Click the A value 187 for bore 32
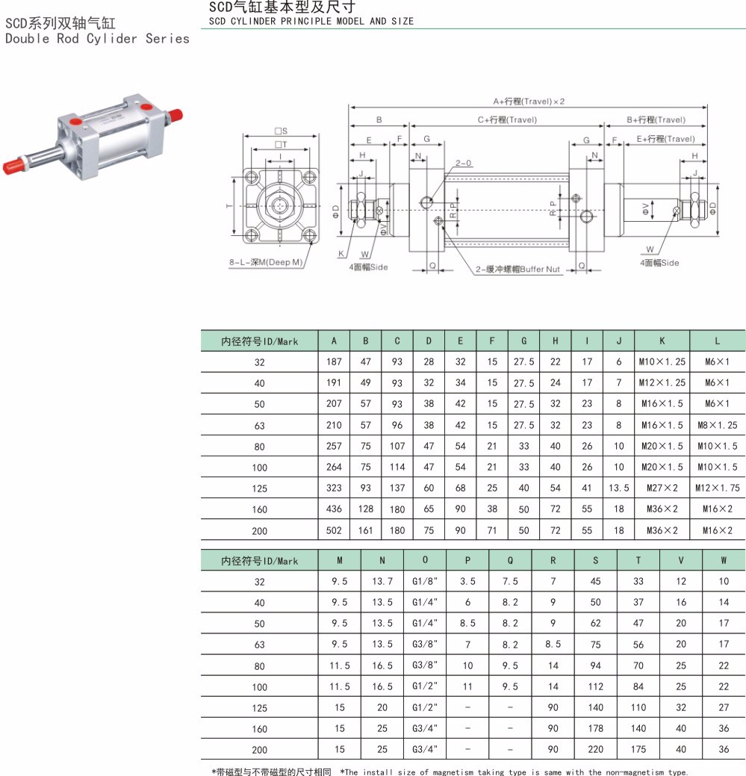pos(334,361)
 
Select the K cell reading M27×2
pos(662,488)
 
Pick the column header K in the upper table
pos(662,341)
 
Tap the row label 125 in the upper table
pos(259,488)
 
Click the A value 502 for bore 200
pos(334,530)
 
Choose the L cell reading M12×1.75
pos(718,488)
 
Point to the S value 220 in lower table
pos(596,749)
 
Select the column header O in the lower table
pos(425,559)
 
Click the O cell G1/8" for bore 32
pos(425,582)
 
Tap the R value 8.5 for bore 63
pos(553,645)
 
